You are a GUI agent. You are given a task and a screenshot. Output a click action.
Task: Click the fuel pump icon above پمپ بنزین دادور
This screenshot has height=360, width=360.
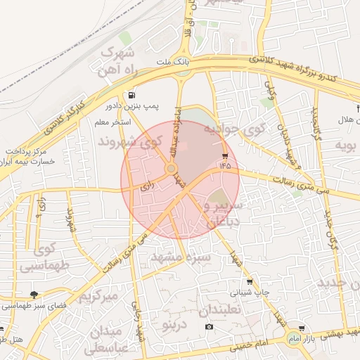click(x=131, y=94)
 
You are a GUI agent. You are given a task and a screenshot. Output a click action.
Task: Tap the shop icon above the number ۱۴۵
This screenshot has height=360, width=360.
click(x=225, y=155)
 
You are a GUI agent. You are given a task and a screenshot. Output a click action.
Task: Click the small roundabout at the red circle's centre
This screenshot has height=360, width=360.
click(x=171, y=169)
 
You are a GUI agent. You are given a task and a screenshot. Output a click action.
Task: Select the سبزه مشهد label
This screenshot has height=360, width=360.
click(x=181, y=258)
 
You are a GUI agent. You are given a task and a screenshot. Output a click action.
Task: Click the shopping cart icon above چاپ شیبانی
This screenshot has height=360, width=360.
click(x=249, y=282)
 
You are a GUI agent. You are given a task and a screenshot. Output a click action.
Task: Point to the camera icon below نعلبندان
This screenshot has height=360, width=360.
click(x=209, y=327)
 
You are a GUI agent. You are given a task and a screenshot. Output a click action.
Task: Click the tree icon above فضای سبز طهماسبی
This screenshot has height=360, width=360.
click(x=34, y=295)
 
